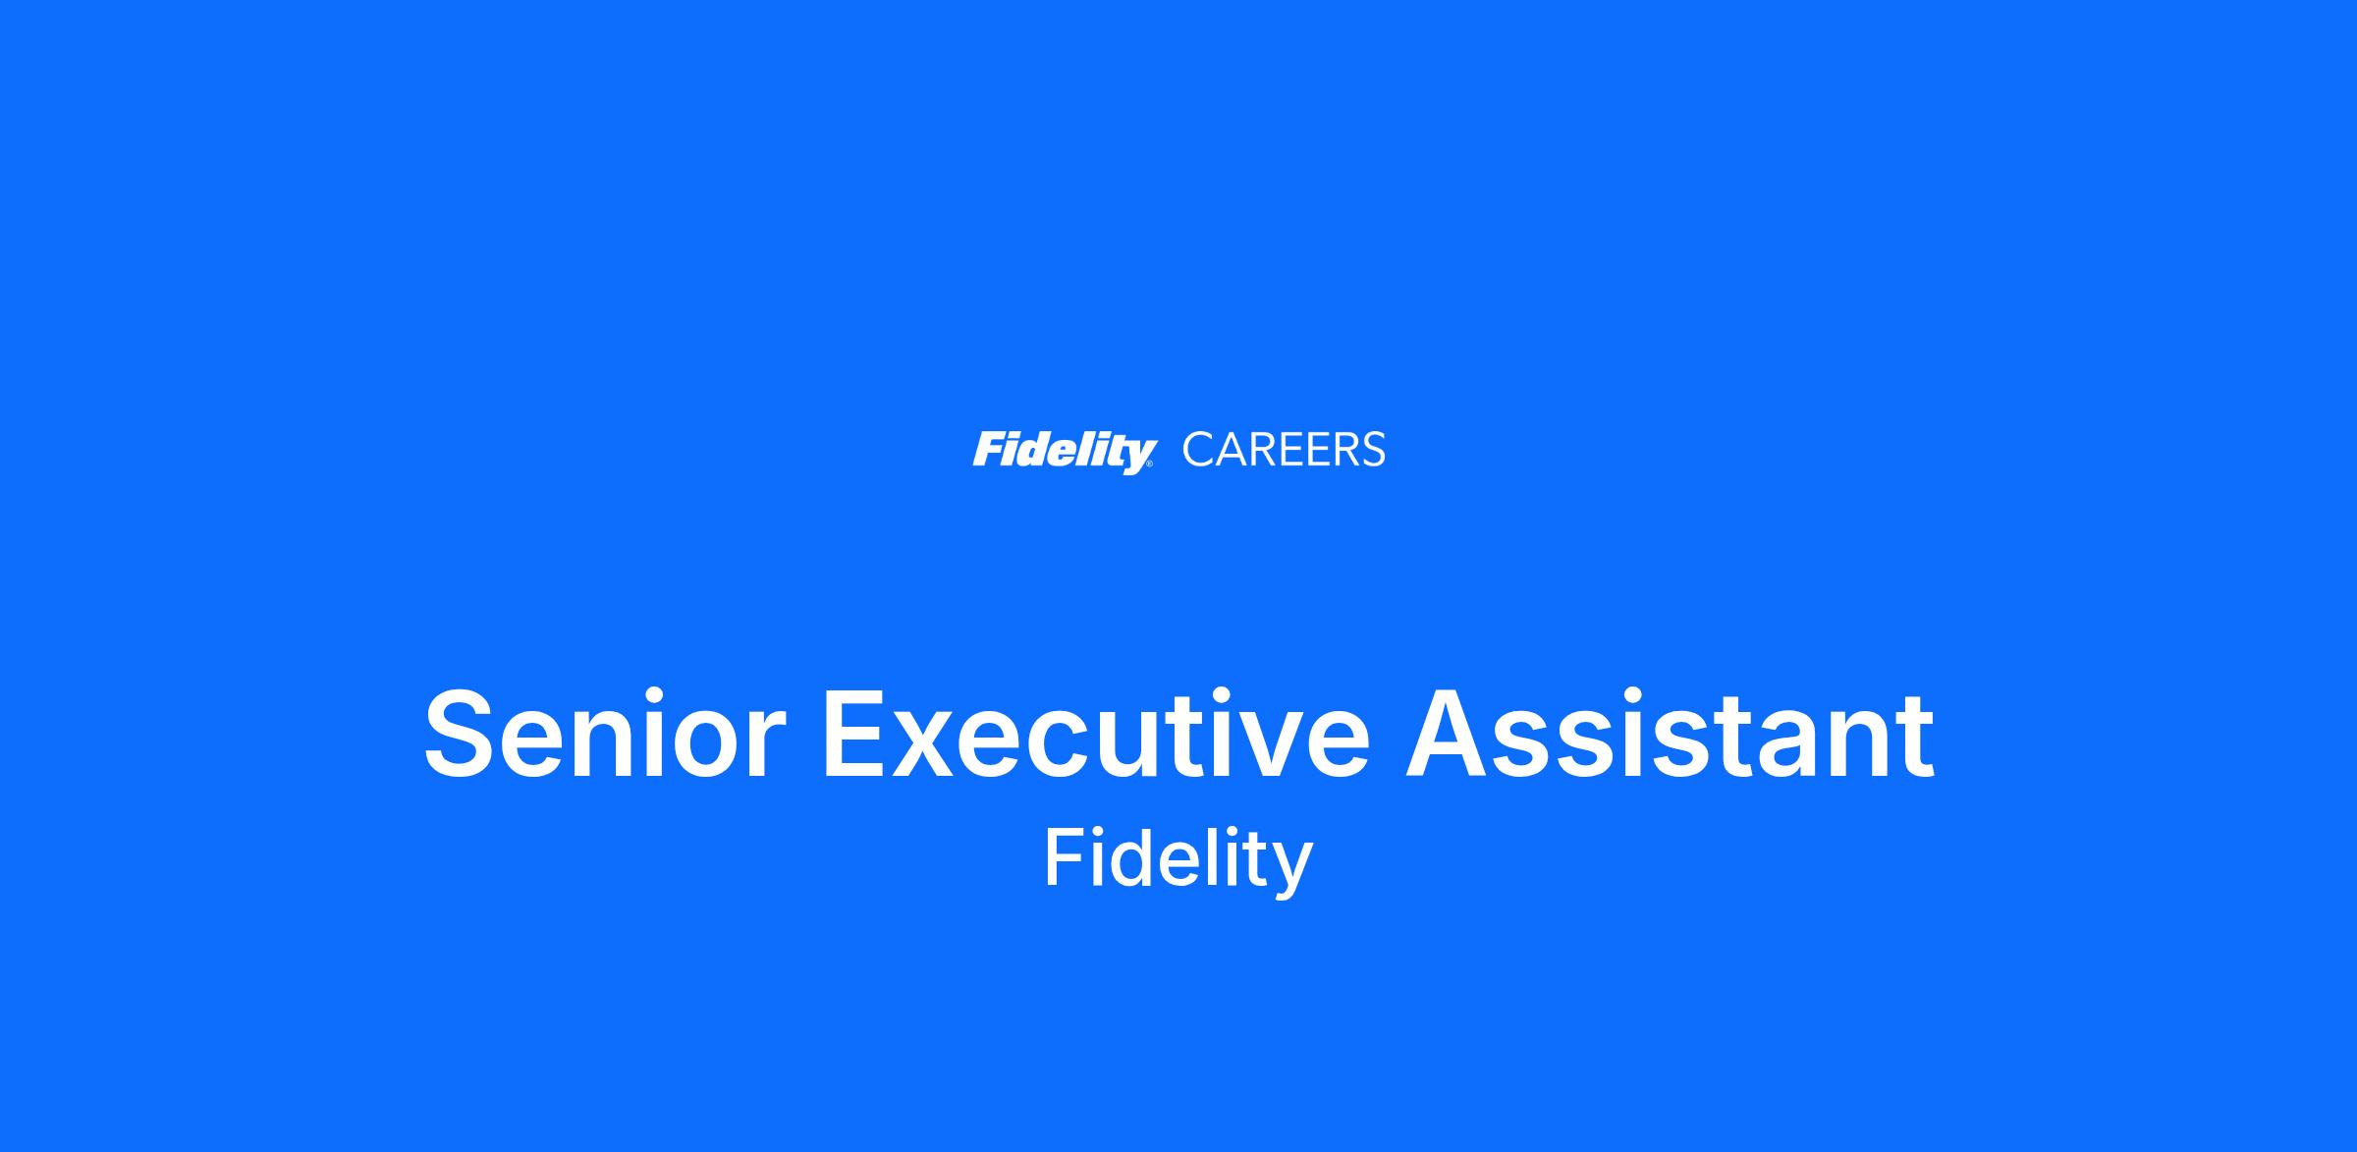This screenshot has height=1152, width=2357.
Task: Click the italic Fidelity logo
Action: [1064, 452]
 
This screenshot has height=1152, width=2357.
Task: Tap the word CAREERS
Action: [1284, 450]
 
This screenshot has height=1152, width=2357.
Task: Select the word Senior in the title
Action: [604, 735]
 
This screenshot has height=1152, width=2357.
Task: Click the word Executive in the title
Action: [1095, 735]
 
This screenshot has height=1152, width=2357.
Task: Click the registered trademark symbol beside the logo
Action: [1150, 465]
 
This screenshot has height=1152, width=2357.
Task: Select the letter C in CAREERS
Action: [1199, 450]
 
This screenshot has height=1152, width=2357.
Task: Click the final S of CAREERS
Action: [1372, 450]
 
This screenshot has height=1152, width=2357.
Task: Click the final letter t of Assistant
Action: [1915, 740]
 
